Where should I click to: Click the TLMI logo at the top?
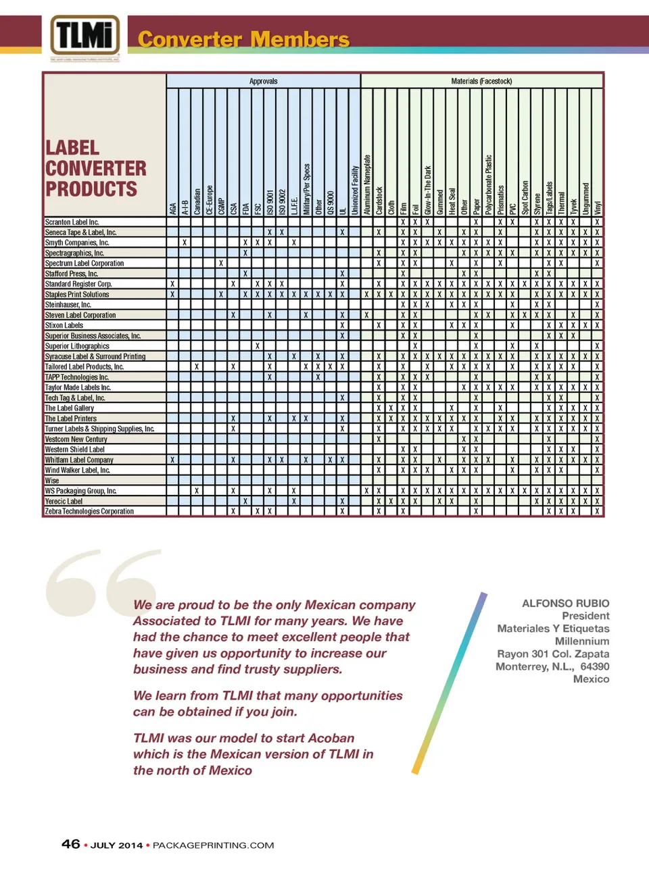[85, 36]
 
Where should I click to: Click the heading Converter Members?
[243, 39]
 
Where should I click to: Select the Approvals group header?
[263, 81]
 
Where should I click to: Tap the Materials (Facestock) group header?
[481, 81]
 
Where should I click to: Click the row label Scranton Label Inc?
[72, 221]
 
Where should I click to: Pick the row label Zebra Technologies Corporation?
[89, 511]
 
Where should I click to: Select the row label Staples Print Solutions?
[77, 294]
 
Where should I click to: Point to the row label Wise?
[52, 480]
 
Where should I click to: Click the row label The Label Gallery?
[70, 408]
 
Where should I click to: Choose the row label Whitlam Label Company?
[79, 460]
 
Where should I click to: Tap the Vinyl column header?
[598, 208]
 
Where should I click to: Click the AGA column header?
[173, 208]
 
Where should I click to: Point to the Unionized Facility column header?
[355, 190]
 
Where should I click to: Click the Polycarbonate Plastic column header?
[488, 185]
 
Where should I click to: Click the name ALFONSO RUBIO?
[565, 603]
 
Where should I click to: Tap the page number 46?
[71, 844]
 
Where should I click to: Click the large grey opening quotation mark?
[101, 581]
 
